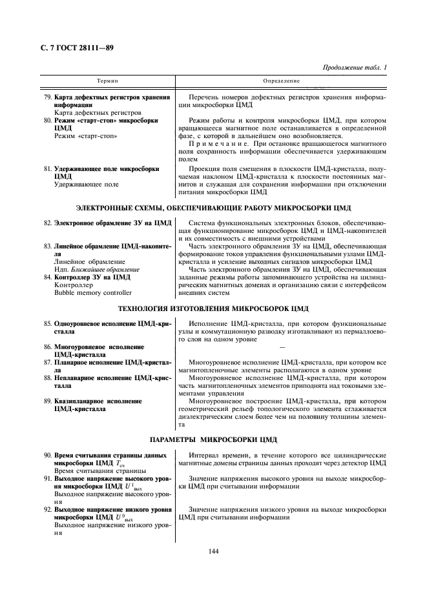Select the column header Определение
point(282,81)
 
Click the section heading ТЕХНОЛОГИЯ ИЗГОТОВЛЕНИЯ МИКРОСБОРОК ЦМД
point(213,308)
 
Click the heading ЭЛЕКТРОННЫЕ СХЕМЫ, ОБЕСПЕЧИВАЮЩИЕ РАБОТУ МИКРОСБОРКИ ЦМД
point(213,208)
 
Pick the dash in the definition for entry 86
point(282,347)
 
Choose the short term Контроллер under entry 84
point(74,285)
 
